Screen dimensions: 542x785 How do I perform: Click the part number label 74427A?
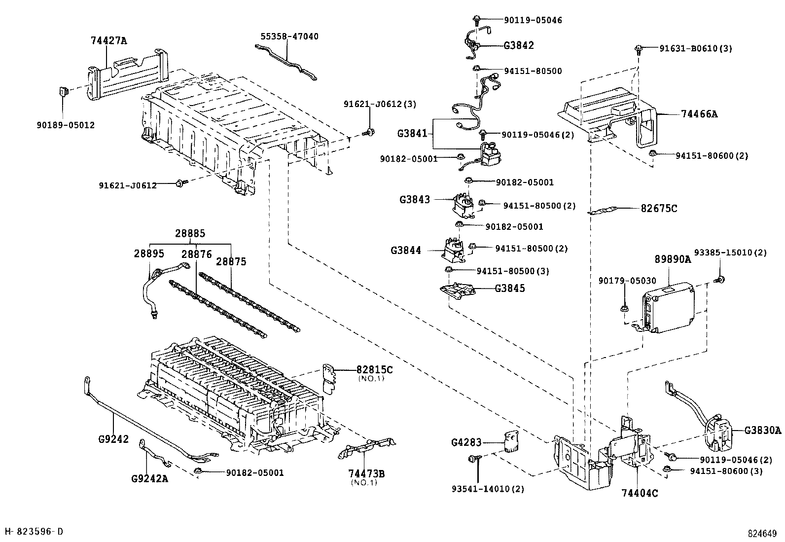click(x=108, y=41)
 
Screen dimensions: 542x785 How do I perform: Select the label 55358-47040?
click(x=289, y=36)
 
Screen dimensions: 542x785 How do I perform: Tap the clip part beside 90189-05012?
click(x=63, y=92)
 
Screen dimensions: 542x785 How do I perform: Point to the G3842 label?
click(x=519, y=45)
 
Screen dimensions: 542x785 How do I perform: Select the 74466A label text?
click(x=699, y=114)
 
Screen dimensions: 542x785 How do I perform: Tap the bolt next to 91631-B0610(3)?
click(x=639, y=49)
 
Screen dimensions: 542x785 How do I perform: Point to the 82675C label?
click(x=659, y=209)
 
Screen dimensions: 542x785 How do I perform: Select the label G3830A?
click(x=763, y=430)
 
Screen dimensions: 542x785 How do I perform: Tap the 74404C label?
click(x=640, y=493)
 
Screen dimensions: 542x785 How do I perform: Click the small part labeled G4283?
click(x=511, y=440)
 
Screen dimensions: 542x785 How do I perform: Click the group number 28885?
click(x=190, y=233)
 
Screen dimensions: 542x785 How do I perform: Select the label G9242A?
click(x=150, y=478)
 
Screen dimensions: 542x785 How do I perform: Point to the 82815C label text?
click(x=375, y=370)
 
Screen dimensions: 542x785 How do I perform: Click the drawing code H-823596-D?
click(x=34, y=531)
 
